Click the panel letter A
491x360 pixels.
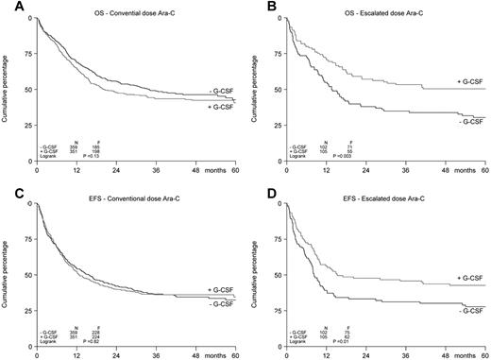6,6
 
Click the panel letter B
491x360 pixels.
256,6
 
